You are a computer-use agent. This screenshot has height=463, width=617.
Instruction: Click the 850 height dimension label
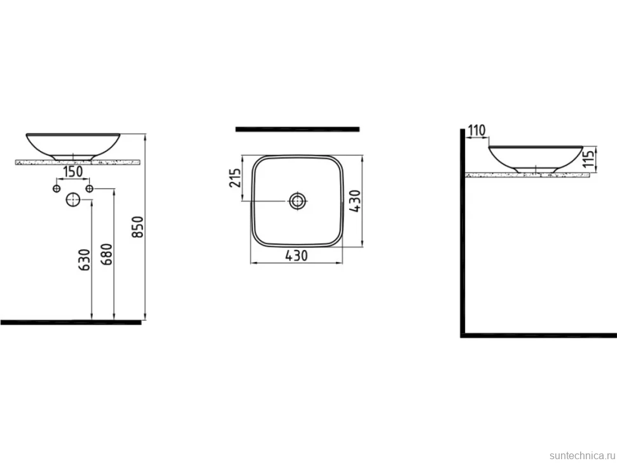tap(137, 226)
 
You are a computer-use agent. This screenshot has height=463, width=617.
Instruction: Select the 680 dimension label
tap(107, 254)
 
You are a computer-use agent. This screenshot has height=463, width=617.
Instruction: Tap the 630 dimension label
tap(85, 259)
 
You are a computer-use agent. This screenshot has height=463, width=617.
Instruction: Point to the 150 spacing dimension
tap(73, 172)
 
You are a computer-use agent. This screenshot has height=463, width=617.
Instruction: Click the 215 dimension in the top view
tap(235, 178)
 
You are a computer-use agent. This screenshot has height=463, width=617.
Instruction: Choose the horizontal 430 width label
tap(296, 256)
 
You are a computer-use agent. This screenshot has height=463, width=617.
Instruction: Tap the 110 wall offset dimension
tap(477, 130)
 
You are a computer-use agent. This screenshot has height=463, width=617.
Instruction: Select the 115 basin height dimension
tap(588, 158)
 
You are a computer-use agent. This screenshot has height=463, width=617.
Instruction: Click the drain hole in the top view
tap(298, 201)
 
